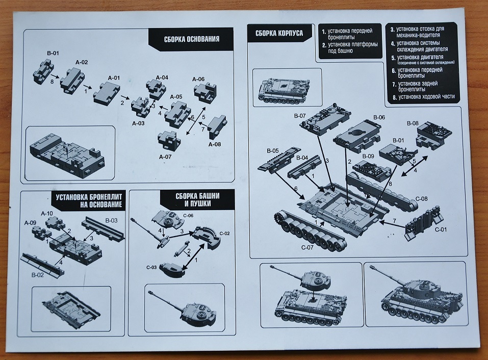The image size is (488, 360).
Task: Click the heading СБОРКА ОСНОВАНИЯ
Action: pyautogui.click(x=192, y=39)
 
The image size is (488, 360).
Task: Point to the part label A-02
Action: pyautogui.click(x=82, y=62)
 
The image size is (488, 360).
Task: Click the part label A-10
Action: pyautogui.click(x=46, y=213)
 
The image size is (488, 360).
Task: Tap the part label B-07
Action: pyautogui.click(x=300, y=116)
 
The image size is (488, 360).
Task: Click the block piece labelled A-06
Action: pyautogui.click(x=205, y=93)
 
